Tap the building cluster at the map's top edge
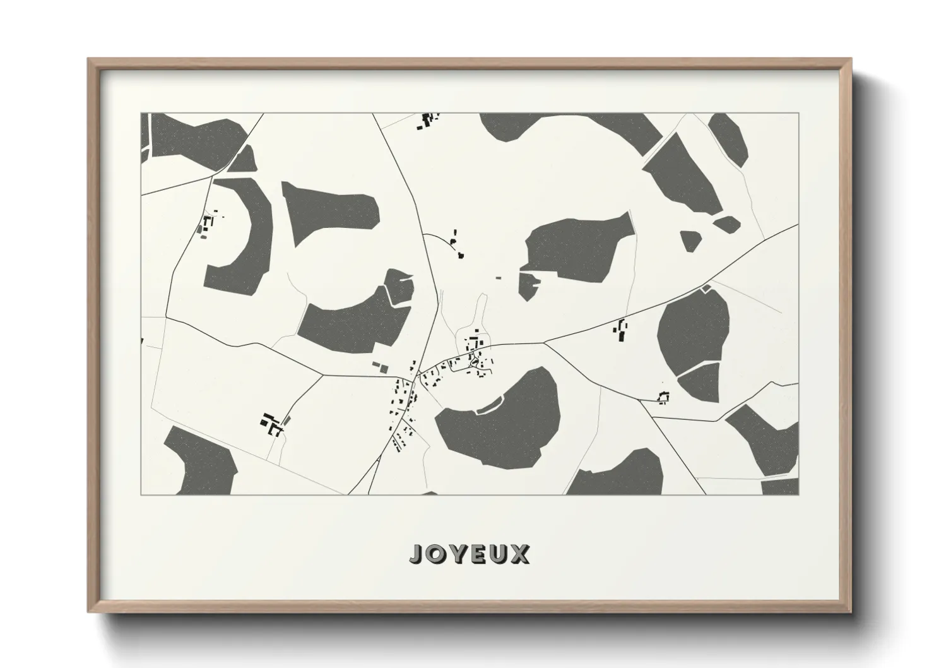pyautogui.click(x=428, y=119)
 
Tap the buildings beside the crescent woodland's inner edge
pyautogui.click(x=207, y=224)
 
